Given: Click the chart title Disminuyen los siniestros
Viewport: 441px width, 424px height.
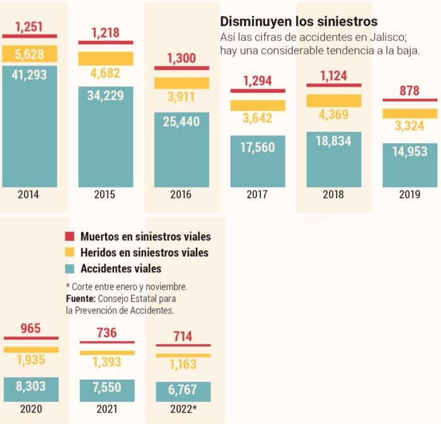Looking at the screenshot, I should [299, 22].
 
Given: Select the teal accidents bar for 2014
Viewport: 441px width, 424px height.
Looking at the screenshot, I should [29, 126].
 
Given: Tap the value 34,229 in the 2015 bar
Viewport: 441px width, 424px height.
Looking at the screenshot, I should [105, 96].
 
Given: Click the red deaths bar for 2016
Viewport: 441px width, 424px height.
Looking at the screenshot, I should [181, 68].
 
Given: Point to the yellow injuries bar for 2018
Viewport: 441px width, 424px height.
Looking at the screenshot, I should [334, 100].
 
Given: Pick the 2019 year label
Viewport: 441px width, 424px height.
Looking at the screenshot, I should [409, 195].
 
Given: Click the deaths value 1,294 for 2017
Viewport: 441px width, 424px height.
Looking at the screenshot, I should [258, 80].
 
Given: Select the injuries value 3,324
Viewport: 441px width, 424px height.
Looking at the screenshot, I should [409, 126].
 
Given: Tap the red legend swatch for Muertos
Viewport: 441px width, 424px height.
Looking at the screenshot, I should [71, 237].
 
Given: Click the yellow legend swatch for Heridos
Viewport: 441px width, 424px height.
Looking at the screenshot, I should [71, 253].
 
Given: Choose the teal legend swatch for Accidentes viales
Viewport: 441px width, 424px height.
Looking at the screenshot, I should [71, 269].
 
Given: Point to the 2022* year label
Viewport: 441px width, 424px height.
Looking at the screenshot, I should [183, 409].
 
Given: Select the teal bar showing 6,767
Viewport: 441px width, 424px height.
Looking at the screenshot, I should [183, 391].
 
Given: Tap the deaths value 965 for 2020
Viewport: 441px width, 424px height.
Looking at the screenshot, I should [30, 328].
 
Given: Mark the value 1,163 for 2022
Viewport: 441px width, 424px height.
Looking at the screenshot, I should [183, 364].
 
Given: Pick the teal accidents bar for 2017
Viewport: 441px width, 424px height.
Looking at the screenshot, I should [258, 161].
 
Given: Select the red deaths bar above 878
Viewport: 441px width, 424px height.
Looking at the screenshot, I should [409, 100].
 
